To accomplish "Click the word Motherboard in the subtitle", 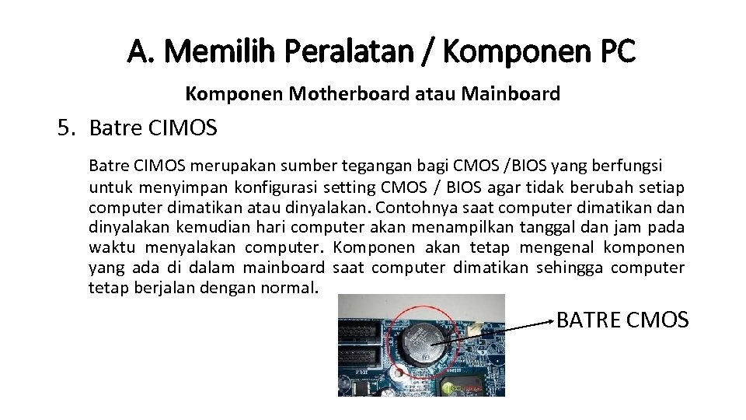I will pos(350,95).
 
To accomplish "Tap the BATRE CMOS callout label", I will pos(622,320).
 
